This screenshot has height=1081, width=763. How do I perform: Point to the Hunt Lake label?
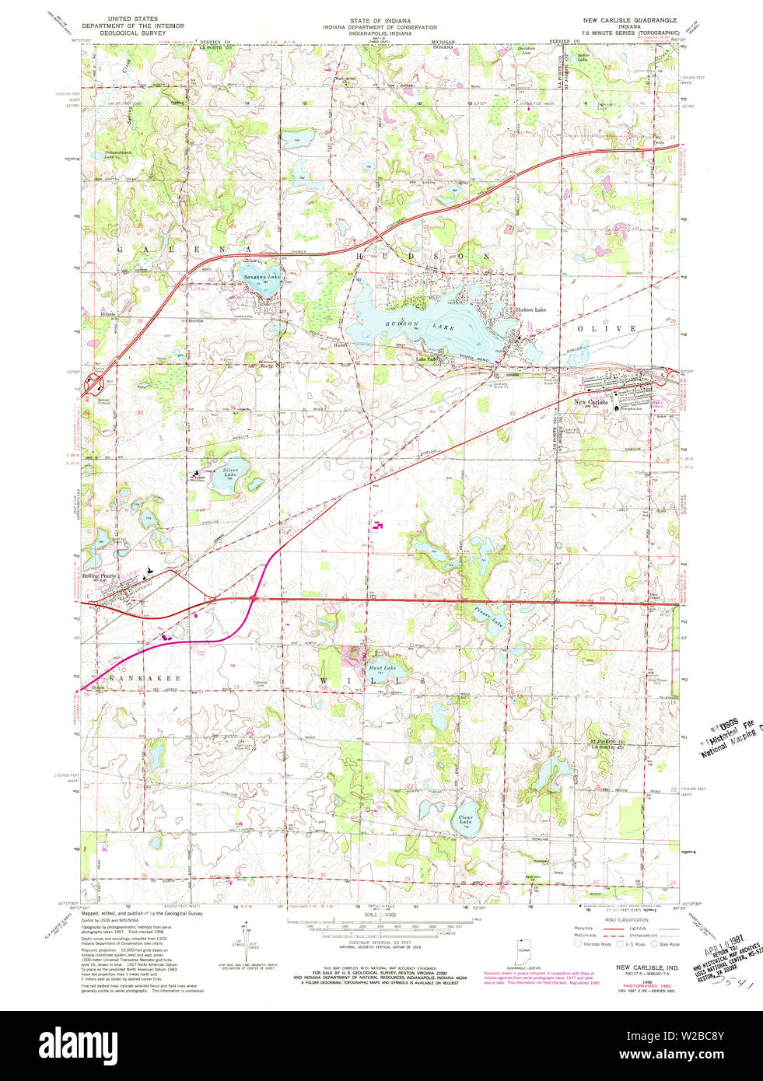point(382,668)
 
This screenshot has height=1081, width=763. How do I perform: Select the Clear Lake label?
point(465,819)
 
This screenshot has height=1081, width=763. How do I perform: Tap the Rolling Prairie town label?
point(103,575)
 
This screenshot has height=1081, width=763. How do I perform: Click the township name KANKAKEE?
point(145,678)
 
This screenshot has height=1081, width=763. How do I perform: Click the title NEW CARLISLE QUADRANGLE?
point(630,19)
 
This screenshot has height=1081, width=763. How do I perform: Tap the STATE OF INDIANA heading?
point(380,20)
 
